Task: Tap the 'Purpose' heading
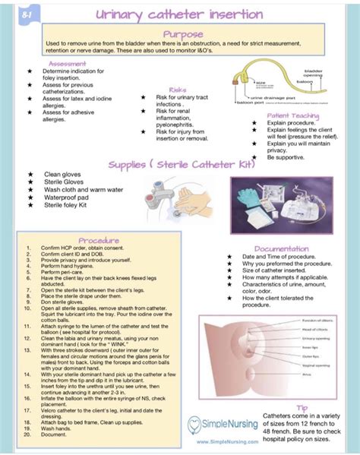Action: [x=182, y=34]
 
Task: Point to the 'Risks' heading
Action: [x=178, y=90]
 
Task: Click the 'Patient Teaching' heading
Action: [x=292, y=115]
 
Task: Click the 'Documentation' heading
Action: [x=281, y=248]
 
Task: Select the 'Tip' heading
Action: [x=302, y=407]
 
